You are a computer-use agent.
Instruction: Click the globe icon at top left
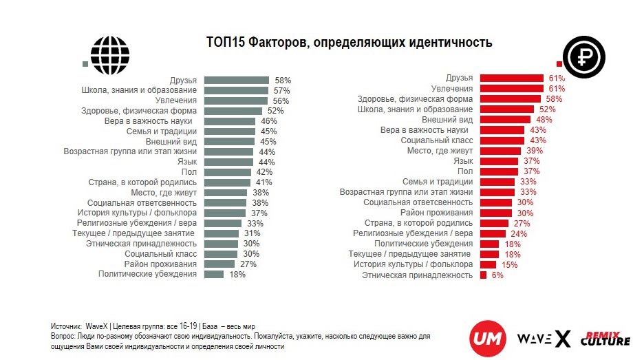pos(109,50)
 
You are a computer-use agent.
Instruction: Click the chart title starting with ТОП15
pos(350,43)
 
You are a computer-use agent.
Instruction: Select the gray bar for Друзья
pos(237,81)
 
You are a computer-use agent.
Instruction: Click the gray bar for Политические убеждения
pos(214,274)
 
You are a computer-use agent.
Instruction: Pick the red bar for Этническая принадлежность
pos(483,275)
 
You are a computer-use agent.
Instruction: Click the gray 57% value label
pos(281,90)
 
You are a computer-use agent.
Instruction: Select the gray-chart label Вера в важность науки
pos(158,120)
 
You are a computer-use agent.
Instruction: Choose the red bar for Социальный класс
pos(503,140)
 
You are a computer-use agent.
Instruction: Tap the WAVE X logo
pos(543,339)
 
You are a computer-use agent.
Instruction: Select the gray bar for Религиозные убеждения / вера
pos(223,223)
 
